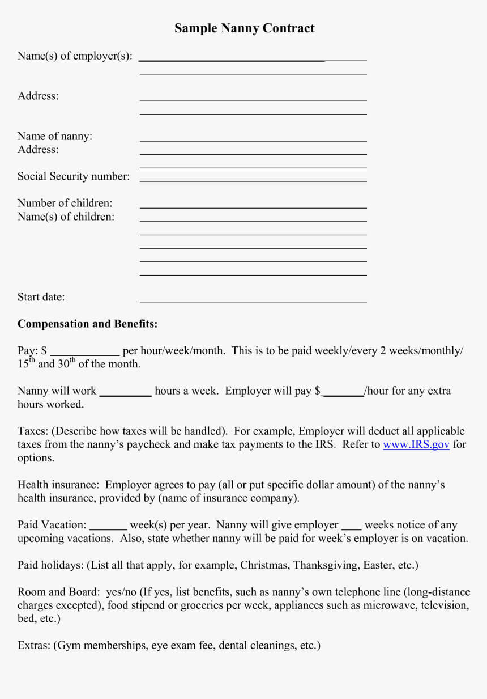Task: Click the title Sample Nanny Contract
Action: coord(244,28)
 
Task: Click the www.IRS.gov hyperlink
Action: coord(416,444)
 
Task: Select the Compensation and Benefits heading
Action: coord(87,324)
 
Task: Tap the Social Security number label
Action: coord(74,176)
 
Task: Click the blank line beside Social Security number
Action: coord(253,180)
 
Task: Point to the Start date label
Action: coord(41,297)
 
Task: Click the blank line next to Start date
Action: coord(253,301)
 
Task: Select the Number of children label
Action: coord(65,203)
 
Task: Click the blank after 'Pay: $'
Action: coord(85,354)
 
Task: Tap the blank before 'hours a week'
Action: coord(125,395)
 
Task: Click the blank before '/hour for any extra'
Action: coord(343,395)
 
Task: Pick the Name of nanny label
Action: coord(55,136)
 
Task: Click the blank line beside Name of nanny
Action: coord(253,140)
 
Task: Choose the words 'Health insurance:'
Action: coord(59,485)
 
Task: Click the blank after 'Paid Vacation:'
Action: coord(108,528)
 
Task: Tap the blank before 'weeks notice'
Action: coord(351,528)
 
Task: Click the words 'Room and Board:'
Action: coord(59,592)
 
